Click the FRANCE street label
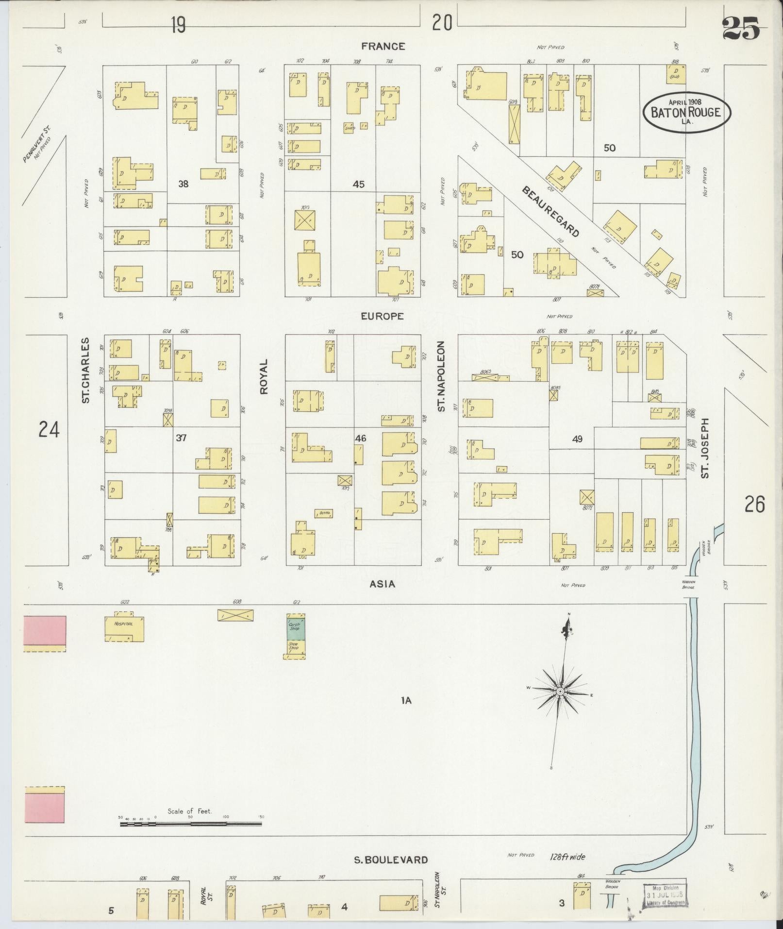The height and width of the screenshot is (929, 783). [383, 46]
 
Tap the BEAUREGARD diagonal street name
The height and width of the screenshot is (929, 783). [550, 211]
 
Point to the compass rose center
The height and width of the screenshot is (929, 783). [560, 691]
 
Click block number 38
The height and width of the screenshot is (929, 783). [183, 184]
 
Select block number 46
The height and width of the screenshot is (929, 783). [360, 438]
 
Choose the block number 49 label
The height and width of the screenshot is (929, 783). [577, 439]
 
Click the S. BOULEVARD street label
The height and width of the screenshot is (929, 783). [391, 860]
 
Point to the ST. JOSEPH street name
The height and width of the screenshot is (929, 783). [705, 448]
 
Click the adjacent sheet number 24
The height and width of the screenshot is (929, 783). [49, 430]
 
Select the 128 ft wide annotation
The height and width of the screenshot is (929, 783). [568, 857]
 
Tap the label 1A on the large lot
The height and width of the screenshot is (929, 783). [406, 700]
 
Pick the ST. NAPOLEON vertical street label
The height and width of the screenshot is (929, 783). [441, 376]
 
